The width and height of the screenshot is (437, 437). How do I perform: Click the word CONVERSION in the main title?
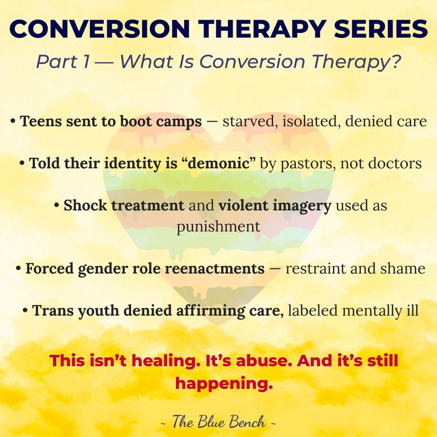[100, 29]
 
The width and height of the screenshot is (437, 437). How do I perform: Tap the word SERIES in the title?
[381, 29]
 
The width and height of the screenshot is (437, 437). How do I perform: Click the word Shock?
[85, 205]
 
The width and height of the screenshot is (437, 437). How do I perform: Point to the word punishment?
[218, 226]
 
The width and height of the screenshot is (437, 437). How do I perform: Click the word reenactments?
[215, 269]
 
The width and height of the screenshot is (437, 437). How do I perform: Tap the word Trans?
[53, 310]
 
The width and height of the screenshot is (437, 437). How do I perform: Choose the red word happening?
[224, 384]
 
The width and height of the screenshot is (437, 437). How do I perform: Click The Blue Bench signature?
[218, 421]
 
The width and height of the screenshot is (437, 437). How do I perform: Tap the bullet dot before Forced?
[18, 269]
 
